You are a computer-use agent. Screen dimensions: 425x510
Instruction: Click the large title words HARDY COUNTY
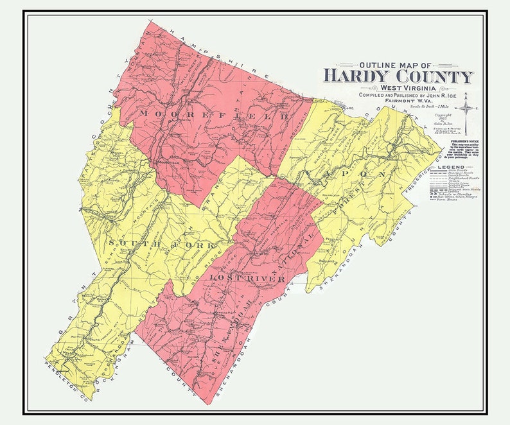coord(398,76)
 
